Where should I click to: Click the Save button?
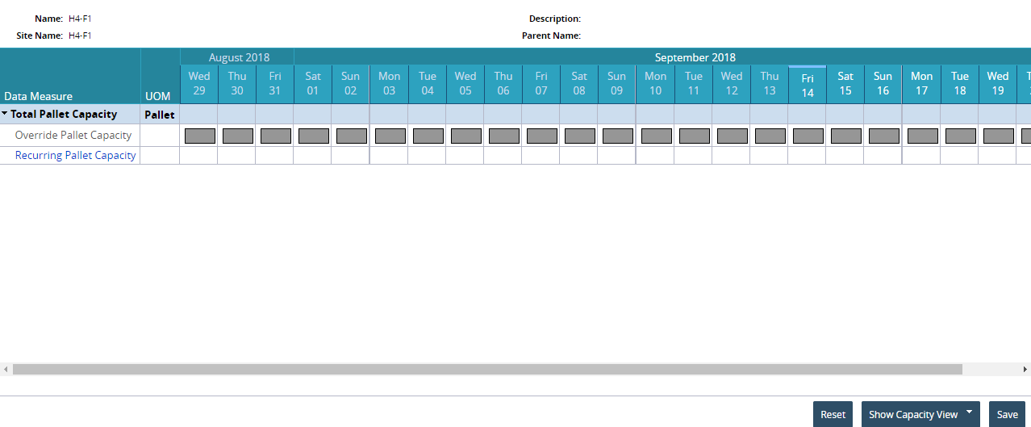point(1007,414)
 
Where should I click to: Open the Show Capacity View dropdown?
point(920,414)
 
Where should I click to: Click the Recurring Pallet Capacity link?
point(76,155)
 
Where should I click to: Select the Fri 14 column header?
point(808,86)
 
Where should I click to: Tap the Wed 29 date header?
point(198,83)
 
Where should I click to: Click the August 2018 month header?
point(239,57)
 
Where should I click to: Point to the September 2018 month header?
point(695,57)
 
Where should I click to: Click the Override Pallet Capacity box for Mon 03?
point(390,136)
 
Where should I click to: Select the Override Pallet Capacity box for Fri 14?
point(808,136)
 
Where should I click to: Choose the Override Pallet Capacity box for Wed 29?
point(200,136)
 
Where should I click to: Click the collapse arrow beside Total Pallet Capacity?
point(4,113)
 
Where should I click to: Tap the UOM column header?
point(157,96)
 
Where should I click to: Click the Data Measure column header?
point(38,96)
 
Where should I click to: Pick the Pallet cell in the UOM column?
point(159,115)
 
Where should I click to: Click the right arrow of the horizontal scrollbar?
point(1025,369)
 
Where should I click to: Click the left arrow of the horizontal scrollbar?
point(6,369)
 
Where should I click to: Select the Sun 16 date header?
point(883,83)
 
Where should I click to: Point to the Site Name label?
point(40,36)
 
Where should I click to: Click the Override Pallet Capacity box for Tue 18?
point(961,136)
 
